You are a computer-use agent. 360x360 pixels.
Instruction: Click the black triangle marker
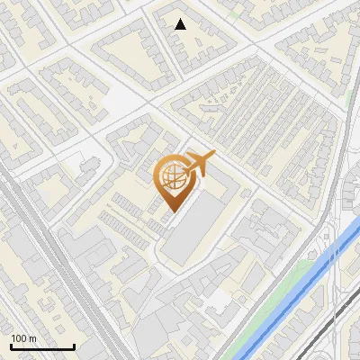click(181, 24)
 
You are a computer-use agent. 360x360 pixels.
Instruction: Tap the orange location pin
click(174, 179)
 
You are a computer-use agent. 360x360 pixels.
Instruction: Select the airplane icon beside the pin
click(199, 164)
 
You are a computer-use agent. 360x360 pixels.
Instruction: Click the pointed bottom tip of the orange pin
click(174, 211)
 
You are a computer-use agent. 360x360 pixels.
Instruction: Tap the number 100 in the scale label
click(18, 338)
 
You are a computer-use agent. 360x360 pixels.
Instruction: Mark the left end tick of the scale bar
click(11, 345)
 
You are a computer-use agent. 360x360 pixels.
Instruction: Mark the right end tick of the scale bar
click(74, 345)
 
